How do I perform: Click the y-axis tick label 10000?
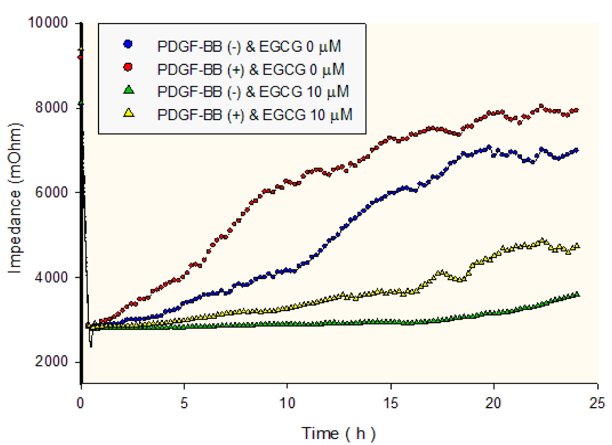click(x=48, y=23)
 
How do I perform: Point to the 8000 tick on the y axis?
click(x=52, y=107)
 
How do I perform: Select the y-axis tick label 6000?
click(x=52, y=192)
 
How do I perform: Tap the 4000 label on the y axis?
click(x=52, y=277)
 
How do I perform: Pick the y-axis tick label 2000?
click(x=52, y=361)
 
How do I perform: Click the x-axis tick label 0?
click(x=81, y=403)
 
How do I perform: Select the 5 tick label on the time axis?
click(x=184, y=403)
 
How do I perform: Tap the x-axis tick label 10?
click(x=287, y=403)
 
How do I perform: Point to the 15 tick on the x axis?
click(x=390, y=403)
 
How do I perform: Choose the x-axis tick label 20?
click(x=494, y=403)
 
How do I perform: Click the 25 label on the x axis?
click(x=597, y=403)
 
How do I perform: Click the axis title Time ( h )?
click(x=338, y=434)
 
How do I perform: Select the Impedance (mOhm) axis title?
click(x=15, y=198)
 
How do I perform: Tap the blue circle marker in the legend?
click(x=128, y=44)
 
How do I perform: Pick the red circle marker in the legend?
click(x=128, y=67)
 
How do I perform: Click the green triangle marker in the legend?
click(x=129, y=90)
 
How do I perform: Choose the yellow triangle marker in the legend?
click(x=129, y=113)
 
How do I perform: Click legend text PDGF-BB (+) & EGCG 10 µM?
click(x=255, y=115)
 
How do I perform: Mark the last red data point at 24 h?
click(x=576, y=110)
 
